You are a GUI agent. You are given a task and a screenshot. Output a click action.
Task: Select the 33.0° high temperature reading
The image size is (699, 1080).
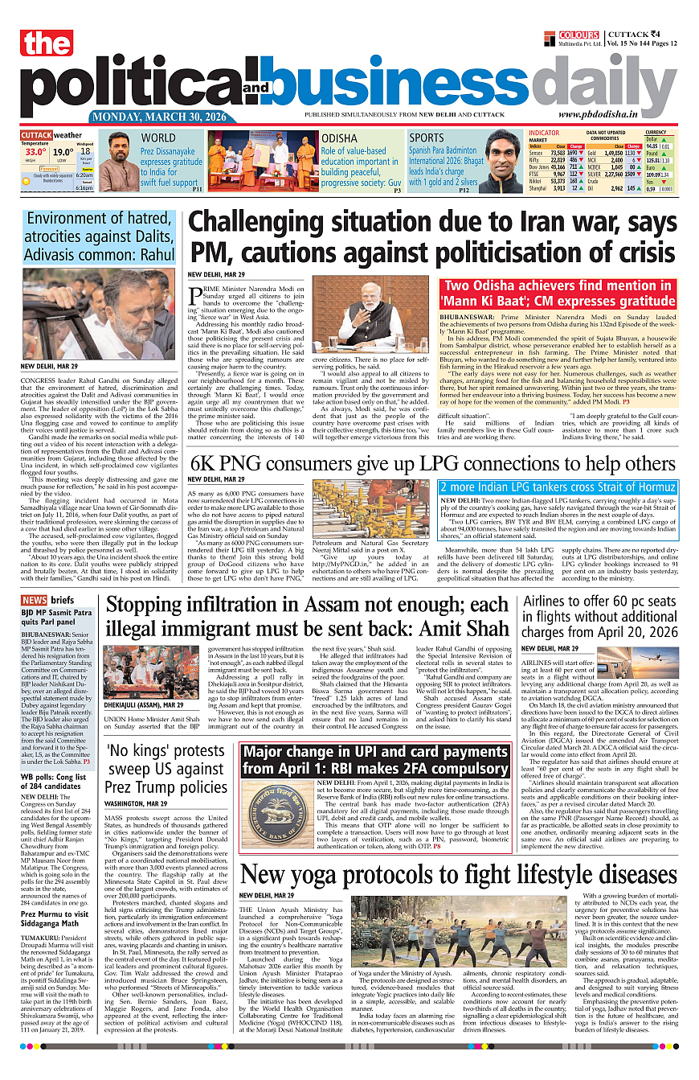35,151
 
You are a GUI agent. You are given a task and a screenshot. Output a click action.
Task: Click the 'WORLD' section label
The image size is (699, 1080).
158,138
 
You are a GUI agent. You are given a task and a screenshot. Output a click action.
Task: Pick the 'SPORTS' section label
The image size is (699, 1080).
427,138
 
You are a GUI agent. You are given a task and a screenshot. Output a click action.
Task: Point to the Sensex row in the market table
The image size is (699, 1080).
554,152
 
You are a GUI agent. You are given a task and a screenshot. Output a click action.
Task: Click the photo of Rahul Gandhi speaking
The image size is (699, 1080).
98,314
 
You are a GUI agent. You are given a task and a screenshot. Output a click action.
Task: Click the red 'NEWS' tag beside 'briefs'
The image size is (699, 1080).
34,600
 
